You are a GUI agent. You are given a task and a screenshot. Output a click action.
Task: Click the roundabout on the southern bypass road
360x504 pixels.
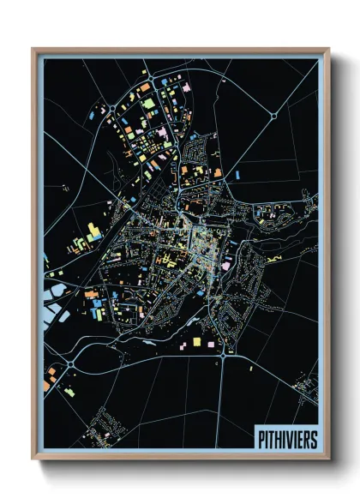point(222,351)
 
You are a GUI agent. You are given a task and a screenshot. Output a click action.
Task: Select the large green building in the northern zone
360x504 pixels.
point(148,104)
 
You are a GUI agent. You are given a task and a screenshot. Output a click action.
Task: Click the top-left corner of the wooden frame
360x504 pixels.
point(33,49)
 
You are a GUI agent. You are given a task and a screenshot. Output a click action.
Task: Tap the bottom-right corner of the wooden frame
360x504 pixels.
point(328,459)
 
